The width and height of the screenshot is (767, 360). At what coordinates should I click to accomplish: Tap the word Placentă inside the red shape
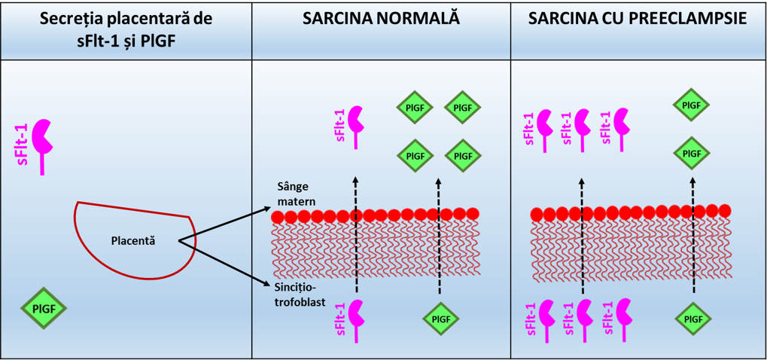(x=132, y=241)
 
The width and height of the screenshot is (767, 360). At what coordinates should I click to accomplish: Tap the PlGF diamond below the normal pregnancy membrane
(x=441, y=319)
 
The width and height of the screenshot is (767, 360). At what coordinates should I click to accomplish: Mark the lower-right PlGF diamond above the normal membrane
(x=463, y=155)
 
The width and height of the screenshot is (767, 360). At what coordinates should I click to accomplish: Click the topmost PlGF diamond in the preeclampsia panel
(x=692, y=106)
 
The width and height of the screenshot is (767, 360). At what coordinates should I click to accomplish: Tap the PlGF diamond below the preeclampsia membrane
(x=692, y=319)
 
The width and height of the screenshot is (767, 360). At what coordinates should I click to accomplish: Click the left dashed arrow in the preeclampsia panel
(x=582, y=233)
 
